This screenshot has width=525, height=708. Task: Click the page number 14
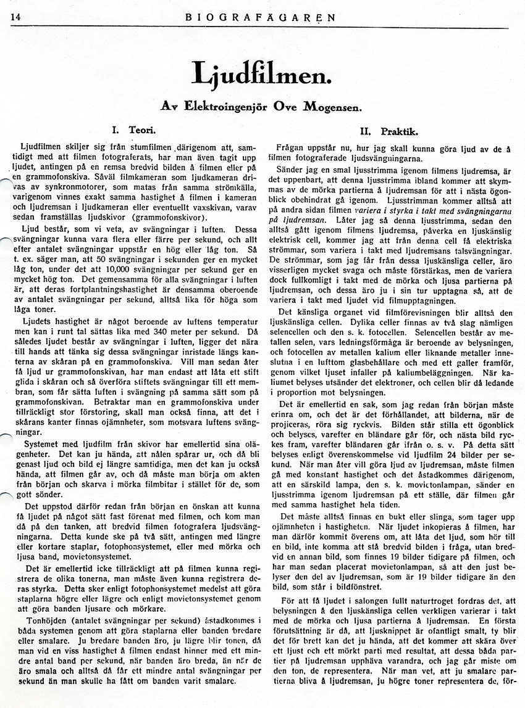[15, 17]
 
